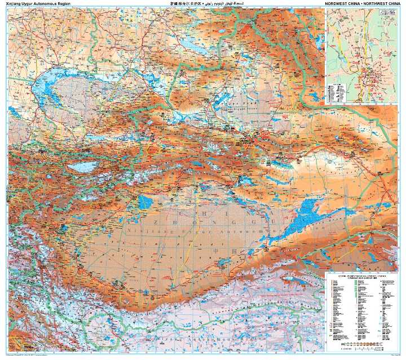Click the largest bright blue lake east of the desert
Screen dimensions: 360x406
[307, 214]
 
